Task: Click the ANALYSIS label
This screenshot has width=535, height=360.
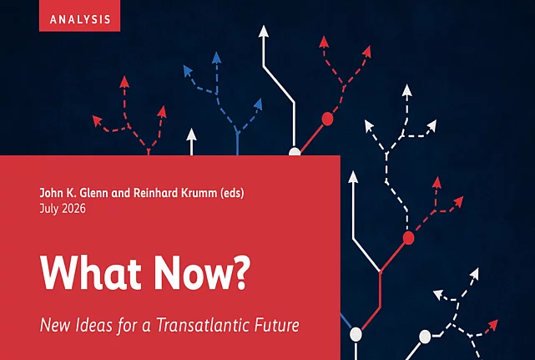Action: point(80,19)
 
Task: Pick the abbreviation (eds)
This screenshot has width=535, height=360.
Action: point(232,193)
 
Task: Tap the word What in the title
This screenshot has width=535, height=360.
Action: point(91,272)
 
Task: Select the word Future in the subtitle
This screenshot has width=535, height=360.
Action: point(277,324)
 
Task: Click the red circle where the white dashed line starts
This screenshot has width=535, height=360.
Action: point(408,238)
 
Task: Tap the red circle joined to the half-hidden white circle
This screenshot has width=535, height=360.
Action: point(327,119)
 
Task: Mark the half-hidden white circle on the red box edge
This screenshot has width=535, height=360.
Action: point(295,152)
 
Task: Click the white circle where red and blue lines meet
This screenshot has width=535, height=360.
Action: point(356,334)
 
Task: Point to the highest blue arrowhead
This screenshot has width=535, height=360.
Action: point(216,58)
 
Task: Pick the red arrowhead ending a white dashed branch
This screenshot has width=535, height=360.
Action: point(492,324)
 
